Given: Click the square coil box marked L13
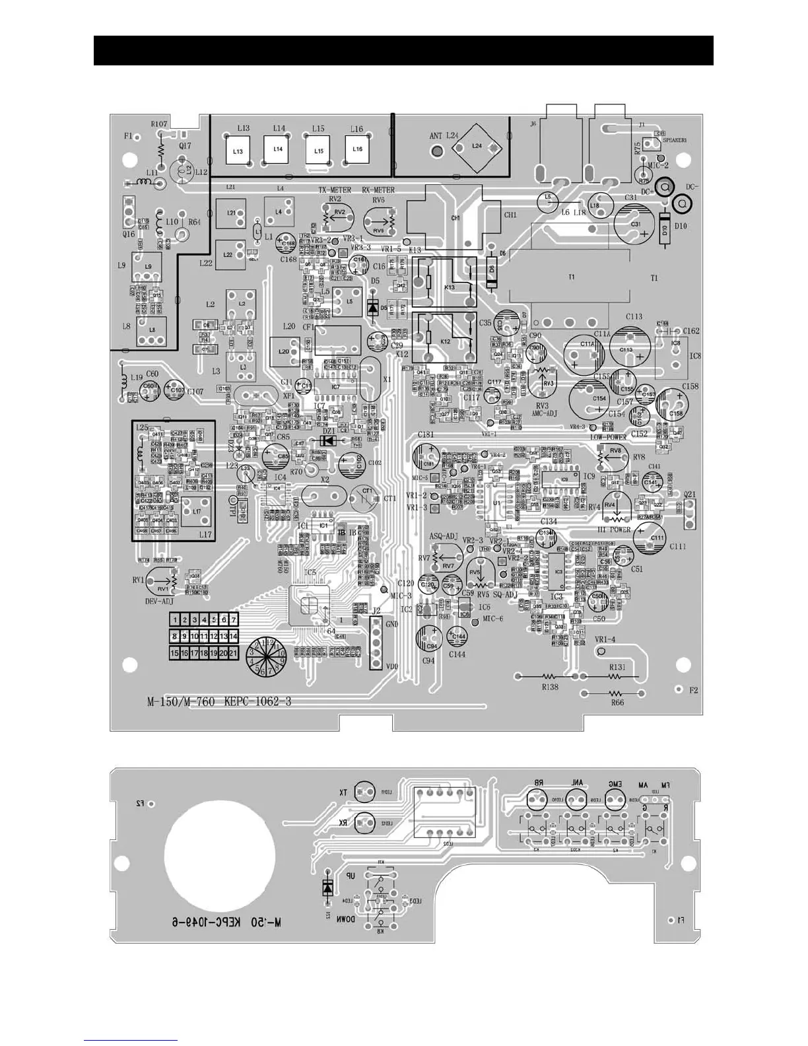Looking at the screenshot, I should [x=238, y=151].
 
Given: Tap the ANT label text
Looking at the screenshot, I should [x=436, y=137].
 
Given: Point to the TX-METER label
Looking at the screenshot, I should [x=334, y=190].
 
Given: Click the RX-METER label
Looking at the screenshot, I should [x=378, y=190].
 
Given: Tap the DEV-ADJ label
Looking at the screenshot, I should [x=158, y=602].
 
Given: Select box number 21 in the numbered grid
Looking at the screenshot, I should [x=232, y=652].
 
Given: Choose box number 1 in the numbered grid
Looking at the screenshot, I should [x=176, y=620].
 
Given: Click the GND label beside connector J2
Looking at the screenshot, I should [x=391, y=624].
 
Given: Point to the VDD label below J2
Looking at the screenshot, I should [x=391, y=666].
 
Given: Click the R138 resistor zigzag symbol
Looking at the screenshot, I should [x=549, y=677].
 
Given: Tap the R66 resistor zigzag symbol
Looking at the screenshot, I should [x=616, y=693].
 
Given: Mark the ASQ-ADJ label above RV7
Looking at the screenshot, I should [x=444, y=536].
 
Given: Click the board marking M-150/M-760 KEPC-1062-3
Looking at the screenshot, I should [x=219, y=701].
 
